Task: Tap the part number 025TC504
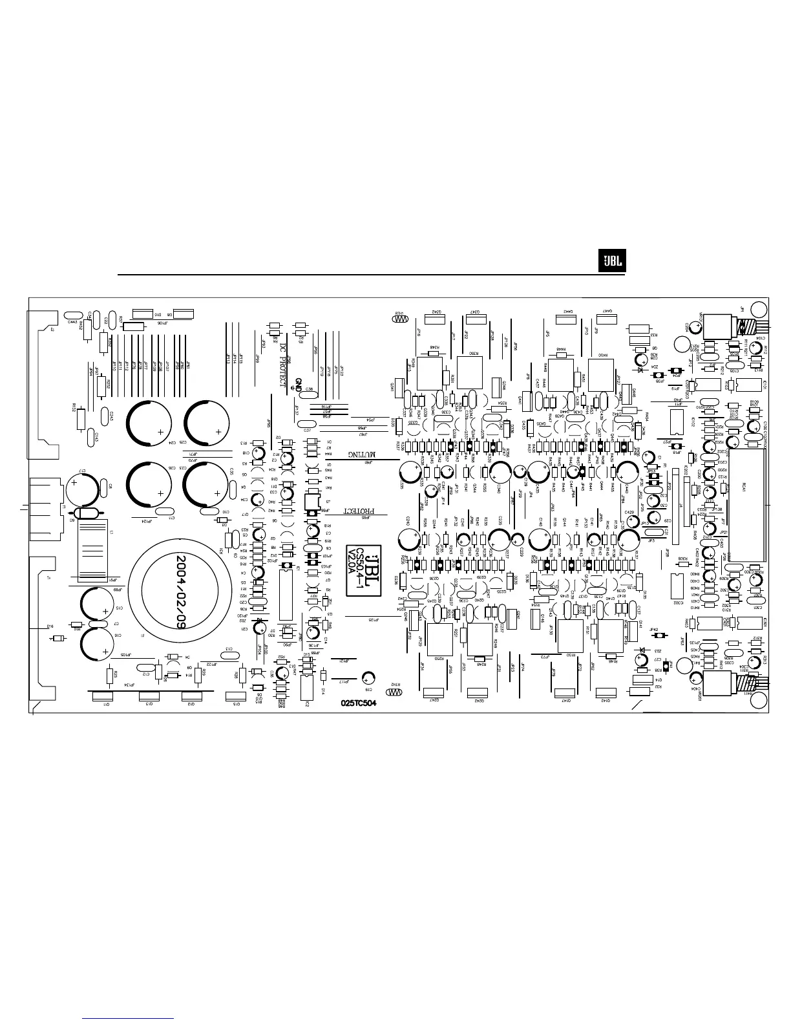(x=359, y=703)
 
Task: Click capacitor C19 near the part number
(x=369, y=677)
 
